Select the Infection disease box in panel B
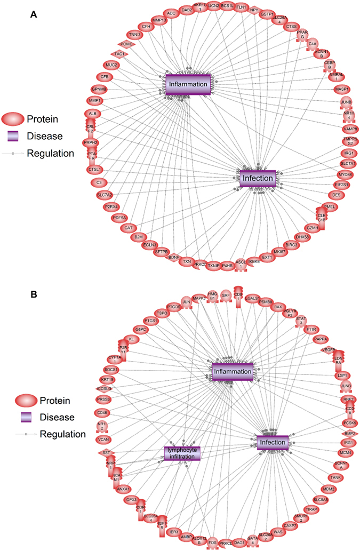pyautogui.click(x=272, y=443)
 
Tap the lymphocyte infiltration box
pyautogui.click(x=182, y=453)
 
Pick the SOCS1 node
pyautogui.click(x=111, y=370)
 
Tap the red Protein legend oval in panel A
pyautogui.click(x=18, y=119)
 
